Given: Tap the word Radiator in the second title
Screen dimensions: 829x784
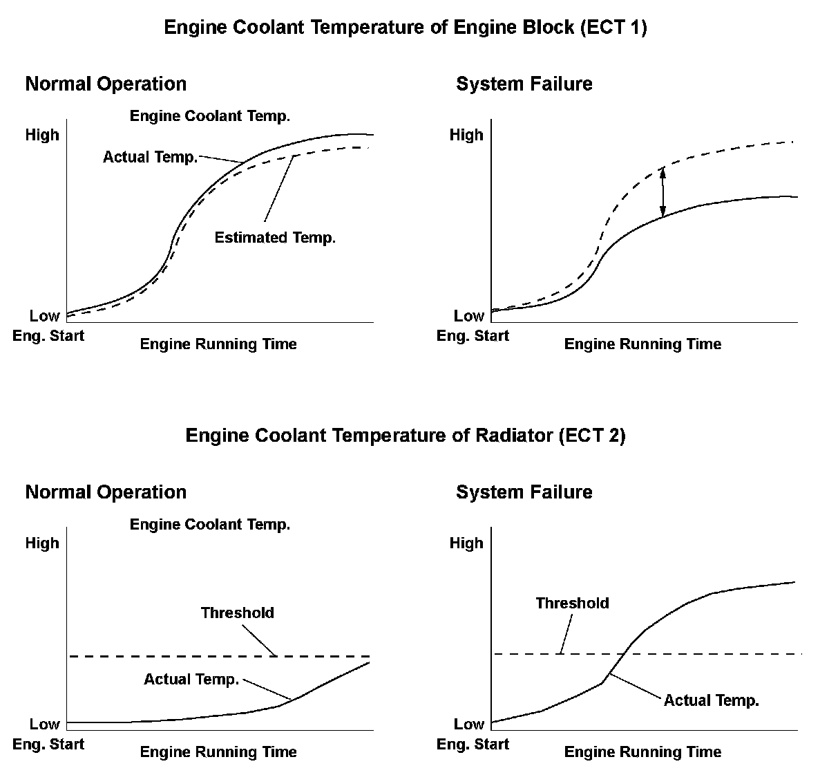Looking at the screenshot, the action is [514, 436].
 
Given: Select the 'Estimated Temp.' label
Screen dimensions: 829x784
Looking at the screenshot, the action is [275, 238].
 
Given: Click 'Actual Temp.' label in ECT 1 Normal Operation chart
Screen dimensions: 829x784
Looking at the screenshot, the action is [150, 158].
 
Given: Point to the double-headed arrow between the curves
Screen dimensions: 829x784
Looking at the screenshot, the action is [663, 192].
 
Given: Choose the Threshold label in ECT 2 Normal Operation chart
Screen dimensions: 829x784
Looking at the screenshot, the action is [238, 613].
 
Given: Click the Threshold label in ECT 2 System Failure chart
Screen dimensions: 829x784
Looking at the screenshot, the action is [572, 603].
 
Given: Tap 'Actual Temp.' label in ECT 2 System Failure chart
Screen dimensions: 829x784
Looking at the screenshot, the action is [711, 700].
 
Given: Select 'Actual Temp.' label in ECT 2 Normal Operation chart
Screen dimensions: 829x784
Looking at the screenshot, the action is [191, 680].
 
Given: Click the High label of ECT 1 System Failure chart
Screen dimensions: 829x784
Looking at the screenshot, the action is [466, 135].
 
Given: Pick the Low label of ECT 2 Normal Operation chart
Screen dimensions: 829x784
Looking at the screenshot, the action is [44, 725].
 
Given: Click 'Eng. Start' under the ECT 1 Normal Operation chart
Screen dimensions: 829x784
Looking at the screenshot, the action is [48, 336].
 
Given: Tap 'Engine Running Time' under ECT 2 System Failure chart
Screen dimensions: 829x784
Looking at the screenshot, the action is [642, 752].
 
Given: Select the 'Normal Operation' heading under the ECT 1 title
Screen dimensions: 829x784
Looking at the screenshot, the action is [106, 84].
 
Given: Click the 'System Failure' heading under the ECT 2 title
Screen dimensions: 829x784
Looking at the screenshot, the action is [524, 492].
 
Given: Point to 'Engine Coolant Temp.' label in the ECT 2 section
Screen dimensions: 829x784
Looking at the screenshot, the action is [210, 525].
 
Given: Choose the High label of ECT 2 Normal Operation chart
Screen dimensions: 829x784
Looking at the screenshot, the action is [42, 543].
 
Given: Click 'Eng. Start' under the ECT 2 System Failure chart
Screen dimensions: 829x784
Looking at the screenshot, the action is [473, 745].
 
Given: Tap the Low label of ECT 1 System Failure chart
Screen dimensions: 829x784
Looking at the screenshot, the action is [468, 317].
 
